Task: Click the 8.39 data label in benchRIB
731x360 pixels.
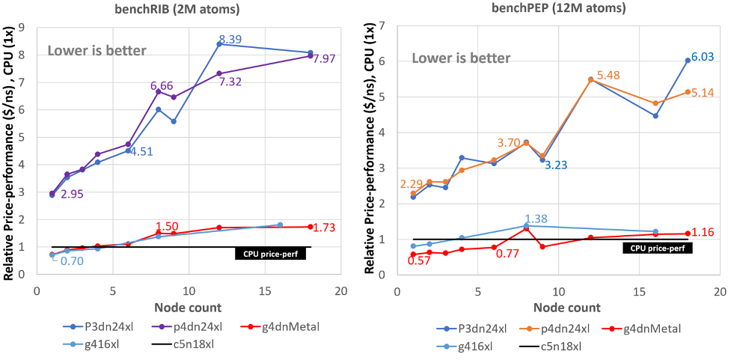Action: coord(230,39)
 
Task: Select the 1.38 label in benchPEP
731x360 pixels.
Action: coord(537,219)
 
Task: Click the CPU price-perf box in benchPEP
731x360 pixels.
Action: coord(657,248)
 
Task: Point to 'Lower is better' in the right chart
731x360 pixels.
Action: coord(462,58)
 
